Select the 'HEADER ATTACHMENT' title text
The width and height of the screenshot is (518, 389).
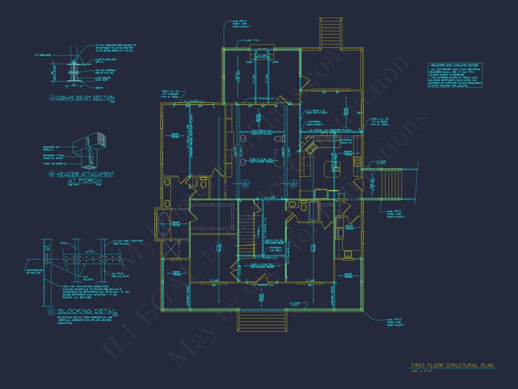[85, 174]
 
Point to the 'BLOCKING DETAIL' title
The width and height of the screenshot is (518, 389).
[87, 312]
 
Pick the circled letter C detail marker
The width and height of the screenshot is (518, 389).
[52, 312]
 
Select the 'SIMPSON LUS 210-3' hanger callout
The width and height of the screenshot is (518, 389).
[276, 249]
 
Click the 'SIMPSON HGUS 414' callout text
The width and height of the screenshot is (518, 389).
[346, 141]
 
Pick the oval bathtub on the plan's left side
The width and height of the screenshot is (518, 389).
[164, 224]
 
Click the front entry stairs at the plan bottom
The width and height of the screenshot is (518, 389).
[261, 321]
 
